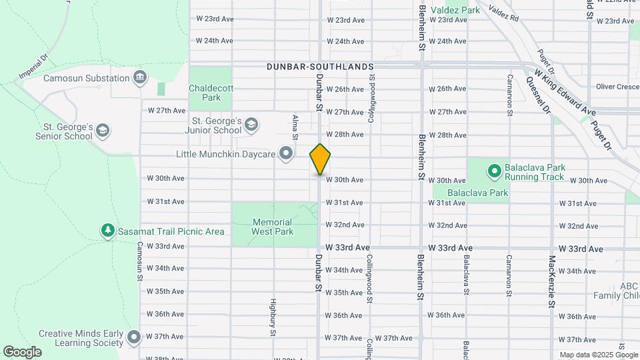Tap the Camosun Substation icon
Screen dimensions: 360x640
(140, 78)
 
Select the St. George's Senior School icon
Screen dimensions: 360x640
(103, 129)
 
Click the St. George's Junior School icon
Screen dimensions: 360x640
(251, 124)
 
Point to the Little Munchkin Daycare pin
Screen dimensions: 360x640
(286, 154)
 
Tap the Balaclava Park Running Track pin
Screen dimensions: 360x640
(494, 171)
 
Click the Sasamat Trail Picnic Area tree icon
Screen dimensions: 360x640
(107, 231)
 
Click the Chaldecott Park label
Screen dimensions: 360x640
(210, 93)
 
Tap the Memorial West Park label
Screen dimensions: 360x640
(272, 227)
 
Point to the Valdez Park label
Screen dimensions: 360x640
(455, 10)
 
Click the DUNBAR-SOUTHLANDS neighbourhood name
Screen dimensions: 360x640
(320, 67)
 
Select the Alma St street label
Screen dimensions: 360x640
(294, 127)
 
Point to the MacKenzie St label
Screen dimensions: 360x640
(551, 281)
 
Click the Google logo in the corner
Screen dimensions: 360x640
(22, 351)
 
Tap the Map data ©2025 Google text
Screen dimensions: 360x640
(598, 355)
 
